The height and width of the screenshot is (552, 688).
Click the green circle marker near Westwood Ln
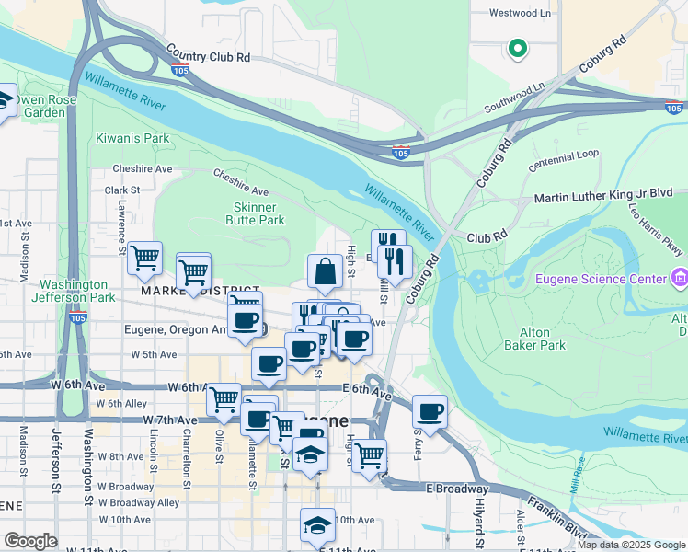[517, 48]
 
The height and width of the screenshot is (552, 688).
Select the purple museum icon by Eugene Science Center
[679, 277]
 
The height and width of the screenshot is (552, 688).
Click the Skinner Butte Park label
[255, 213]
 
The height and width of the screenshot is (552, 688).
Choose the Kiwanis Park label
[133, 139]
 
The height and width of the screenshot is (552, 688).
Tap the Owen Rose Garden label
[35, 106]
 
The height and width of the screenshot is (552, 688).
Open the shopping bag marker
[325, 272]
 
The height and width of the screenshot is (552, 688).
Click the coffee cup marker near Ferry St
[430, 410]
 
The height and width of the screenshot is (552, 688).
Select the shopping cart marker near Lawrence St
[145, 259]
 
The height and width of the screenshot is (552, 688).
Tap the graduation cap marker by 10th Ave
[317, 525]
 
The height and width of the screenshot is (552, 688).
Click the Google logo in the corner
[30, 541]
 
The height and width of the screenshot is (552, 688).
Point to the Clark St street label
[121, 190]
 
